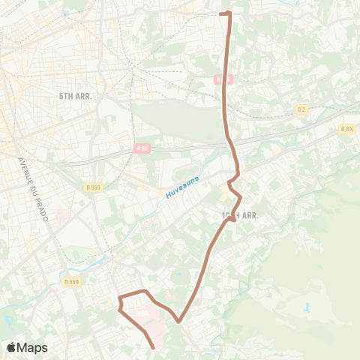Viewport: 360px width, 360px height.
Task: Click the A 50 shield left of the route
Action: (142, 149)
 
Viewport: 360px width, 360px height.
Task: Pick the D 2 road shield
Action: (301, 109)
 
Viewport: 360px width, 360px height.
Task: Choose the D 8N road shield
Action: (346, 129)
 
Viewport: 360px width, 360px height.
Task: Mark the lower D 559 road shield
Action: (71, 281)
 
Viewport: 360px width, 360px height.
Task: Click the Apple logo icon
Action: (12, 347)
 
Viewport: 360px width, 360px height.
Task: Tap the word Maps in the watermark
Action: (32, 347)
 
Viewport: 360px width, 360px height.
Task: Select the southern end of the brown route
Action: (153, 347)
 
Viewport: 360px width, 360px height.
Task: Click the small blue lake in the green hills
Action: (307, 307)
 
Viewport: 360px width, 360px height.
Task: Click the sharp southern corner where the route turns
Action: (179, 322)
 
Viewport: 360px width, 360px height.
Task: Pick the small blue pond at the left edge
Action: (7, 319)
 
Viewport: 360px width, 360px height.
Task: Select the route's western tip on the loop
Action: (118, 304)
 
